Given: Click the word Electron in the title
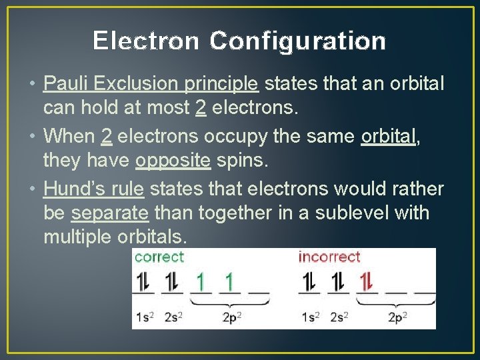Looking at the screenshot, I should point(145,41).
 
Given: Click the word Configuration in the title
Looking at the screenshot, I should point(297,41).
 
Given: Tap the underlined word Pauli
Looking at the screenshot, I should point(66,83).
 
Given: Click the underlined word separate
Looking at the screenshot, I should point(109,213).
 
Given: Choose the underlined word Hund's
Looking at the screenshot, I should point(69,189).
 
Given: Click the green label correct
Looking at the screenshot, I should point(159,257).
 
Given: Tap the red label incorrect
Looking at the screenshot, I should point(329,257).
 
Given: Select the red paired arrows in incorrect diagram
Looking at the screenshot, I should point(365,283).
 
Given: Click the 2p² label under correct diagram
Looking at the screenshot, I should point(231,317).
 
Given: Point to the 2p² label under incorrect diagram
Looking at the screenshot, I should point(398,317).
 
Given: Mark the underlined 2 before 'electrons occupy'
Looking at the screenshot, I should point(106,137).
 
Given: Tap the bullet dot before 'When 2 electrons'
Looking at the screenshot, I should point(33,137).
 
